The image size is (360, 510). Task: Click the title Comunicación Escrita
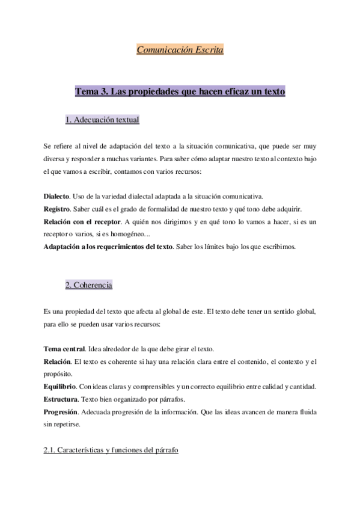point(180,51)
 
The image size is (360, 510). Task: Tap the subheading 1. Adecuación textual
point(102,120)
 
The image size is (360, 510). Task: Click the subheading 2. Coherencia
point(88,284)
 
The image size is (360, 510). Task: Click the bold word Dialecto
point(57,196)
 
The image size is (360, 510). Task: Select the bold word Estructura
point(61,399)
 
